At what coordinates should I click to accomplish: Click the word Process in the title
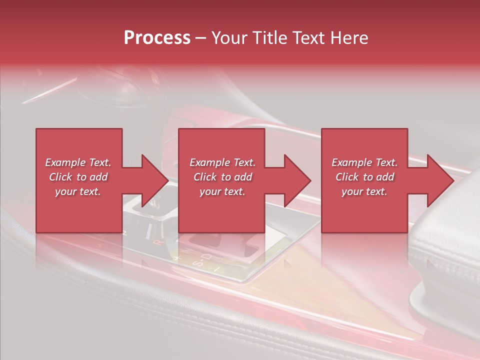(157, 38)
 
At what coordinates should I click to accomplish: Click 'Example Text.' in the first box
(78, 162)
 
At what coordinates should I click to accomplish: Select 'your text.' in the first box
(78, 191)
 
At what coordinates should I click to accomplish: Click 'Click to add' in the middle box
(222, 177)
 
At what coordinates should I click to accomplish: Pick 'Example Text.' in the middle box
(222, 162)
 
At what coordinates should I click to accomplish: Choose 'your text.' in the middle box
(222, 191)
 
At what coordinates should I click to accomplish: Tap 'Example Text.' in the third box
(364, 162)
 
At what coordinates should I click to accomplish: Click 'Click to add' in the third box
(364, 177)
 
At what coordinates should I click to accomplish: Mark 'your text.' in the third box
(364, 191)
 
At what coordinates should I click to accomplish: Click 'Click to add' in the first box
(78, 177)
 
